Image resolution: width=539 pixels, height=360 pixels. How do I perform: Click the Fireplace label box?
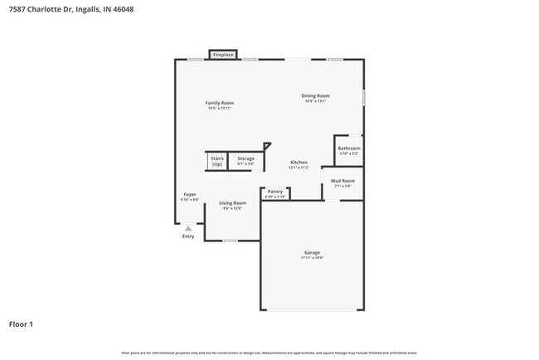point(222,55)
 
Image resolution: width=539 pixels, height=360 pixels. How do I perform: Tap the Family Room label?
point(220,103)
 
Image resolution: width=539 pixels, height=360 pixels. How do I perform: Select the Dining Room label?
point(315,96)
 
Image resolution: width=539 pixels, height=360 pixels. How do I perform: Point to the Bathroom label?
point(348,148)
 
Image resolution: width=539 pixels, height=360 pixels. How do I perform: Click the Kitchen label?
point(299,162)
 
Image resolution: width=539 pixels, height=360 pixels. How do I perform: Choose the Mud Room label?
point(342,180)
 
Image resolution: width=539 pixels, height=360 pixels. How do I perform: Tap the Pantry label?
point(275,192)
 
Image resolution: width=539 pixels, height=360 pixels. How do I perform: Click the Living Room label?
point(232,202)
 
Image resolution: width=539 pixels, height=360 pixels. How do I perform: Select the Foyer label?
point(190,194)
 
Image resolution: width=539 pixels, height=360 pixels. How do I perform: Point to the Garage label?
point(312,252)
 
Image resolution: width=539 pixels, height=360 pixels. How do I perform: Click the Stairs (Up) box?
point(217,161)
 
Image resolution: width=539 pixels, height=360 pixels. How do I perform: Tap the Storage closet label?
point(245,158)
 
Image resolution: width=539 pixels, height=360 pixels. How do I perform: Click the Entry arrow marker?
point(188,227)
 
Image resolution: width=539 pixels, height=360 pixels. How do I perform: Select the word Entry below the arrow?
point(188,236)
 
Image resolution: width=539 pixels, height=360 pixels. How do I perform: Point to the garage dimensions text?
point(312,258)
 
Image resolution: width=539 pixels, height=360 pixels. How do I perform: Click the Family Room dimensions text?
point(220,108)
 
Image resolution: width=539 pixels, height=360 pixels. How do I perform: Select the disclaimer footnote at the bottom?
point(269,353)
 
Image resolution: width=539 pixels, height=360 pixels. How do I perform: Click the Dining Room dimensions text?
point(315,101)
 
